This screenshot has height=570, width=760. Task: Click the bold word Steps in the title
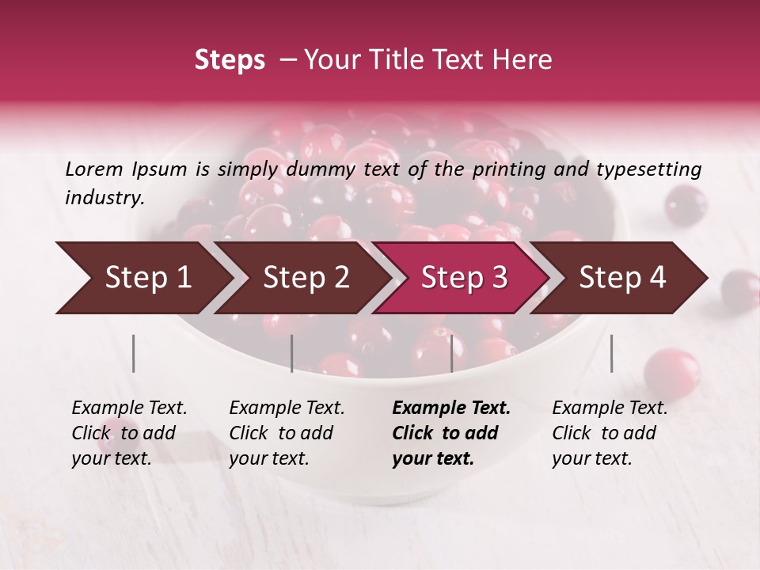click(230, 60)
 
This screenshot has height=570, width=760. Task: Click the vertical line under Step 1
click(134, 353)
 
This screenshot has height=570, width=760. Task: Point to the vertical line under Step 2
click(292, 353)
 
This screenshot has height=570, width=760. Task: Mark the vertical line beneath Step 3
click(451, 353)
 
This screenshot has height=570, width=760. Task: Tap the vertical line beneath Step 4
click(611, 353)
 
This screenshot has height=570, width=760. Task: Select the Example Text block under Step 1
click(129, 433)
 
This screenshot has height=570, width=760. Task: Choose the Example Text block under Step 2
click(287, 433)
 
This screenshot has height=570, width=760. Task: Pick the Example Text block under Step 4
click(610, 433)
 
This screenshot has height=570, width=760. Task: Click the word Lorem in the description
click(94, 169)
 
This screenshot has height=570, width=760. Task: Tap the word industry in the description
click(104, 197)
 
